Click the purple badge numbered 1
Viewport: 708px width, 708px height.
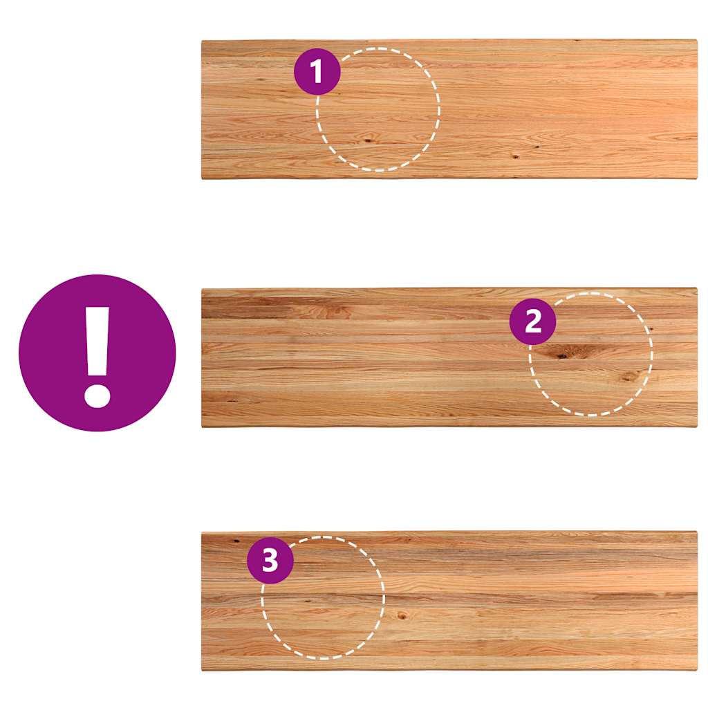coord(317,71)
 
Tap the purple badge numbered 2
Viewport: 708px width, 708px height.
coord(533,321)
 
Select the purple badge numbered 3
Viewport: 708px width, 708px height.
coord(270,560)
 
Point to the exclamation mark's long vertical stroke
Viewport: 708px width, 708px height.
coord(97,342)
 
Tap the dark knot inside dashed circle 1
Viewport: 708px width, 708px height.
coord(369,140)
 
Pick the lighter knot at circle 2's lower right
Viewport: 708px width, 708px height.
coord(628,376)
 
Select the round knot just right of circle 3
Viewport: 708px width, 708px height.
coord(402,615)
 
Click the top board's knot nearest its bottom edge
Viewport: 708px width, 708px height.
coord(514,157)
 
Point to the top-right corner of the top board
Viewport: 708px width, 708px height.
coord(697,40)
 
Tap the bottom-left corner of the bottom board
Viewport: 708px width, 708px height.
coord(202,670)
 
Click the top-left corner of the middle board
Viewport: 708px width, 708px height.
coord(202,288)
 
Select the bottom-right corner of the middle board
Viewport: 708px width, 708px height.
coord(697,426)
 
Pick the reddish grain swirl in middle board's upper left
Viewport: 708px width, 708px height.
coord(337,311)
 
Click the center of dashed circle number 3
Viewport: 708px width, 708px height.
coord(323,598)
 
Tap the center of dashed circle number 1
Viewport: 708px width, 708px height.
coord(378,109)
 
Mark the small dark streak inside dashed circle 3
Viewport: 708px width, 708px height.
coord(308,601)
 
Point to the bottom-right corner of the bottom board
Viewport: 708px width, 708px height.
coord(697,670)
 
